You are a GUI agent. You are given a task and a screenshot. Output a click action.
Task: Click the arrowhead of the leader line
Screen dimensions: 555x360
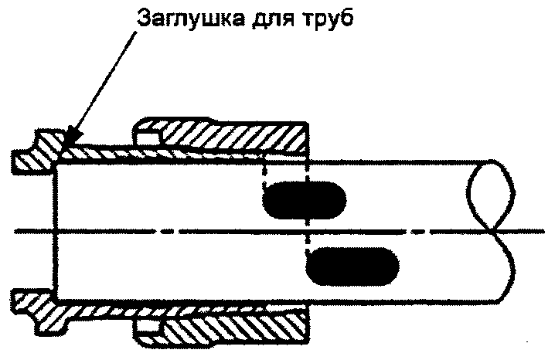[x=70, y=141]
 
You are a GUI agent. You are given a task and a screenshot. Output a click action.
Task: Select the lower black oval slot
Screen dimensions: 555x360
[x=352, y=266]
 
